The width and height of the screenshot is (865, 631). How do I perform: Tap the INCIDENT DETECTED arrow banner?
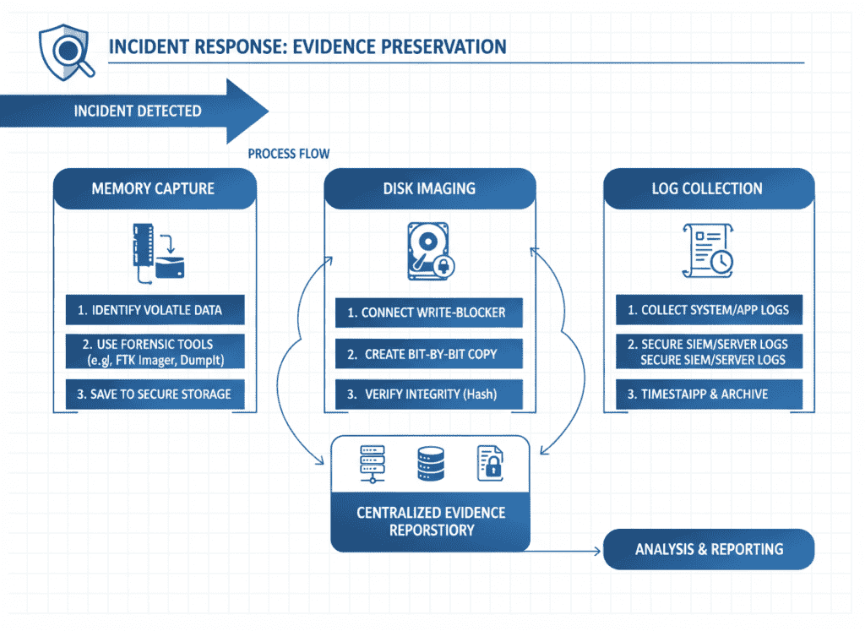pos(135,112)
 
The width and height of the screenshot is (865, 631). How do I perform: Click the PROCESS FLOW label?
pos(289,154)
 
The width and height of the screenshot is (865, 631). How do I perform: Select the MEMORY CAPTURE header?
pos(153,188)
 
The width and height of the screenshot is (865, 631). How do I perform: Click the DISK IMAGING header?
pos(430,188)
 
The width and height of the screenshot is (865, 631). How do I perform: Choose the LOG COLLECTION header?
pos(708,188)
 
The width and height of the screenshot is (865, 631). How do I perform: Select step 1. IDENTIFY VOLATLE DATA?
pos(155,310)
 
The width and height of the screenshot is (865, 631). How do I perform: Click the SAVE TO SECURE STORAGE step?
pos(155,394)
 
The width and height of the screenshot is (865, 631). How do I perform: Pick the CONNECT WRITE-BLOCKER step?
pos(429,312)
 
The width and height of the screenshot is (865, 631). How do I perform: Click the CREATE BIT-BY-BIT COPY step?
pos(429,354)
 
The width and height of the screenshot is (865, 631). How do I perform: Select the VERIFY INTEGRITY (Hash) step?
pos(429,394)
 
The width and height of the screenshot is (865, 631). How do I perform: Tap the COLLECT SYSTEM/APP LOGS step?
pos(708,310)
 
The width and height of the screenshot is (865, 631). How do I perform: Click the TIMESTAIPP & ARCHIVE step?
pos(708,394)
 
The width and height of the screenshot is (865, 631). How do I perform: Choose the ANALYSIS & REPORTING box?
pos(708,549)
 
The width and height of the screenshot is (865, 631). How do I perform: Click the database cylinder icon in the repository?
pos(430,464)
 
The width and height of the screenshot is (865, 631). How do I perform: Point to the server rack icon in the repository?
pos(370,464)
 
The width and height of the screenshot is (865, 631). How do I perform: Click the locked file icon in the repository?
pos(491,464)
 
